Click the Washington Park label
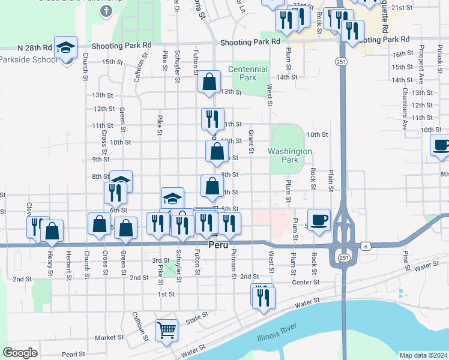click(x=290, y=156)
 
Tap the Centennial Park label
click(x=248, y=73)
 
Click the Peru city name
click(x=218, y=246)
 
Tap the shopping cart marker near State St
click(x=166, y=329)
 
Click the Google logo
click(x=20, y=352)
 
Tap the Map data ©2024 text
click(x=423, y=355)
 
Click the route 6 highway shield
click(x=365, y=245)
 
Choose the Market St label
click(x=109, y=338)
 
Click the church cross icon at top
click(x=106, y=11)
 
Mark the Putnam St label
click(x=233, y=263)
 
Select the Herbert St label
click(x=68, y=263)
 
